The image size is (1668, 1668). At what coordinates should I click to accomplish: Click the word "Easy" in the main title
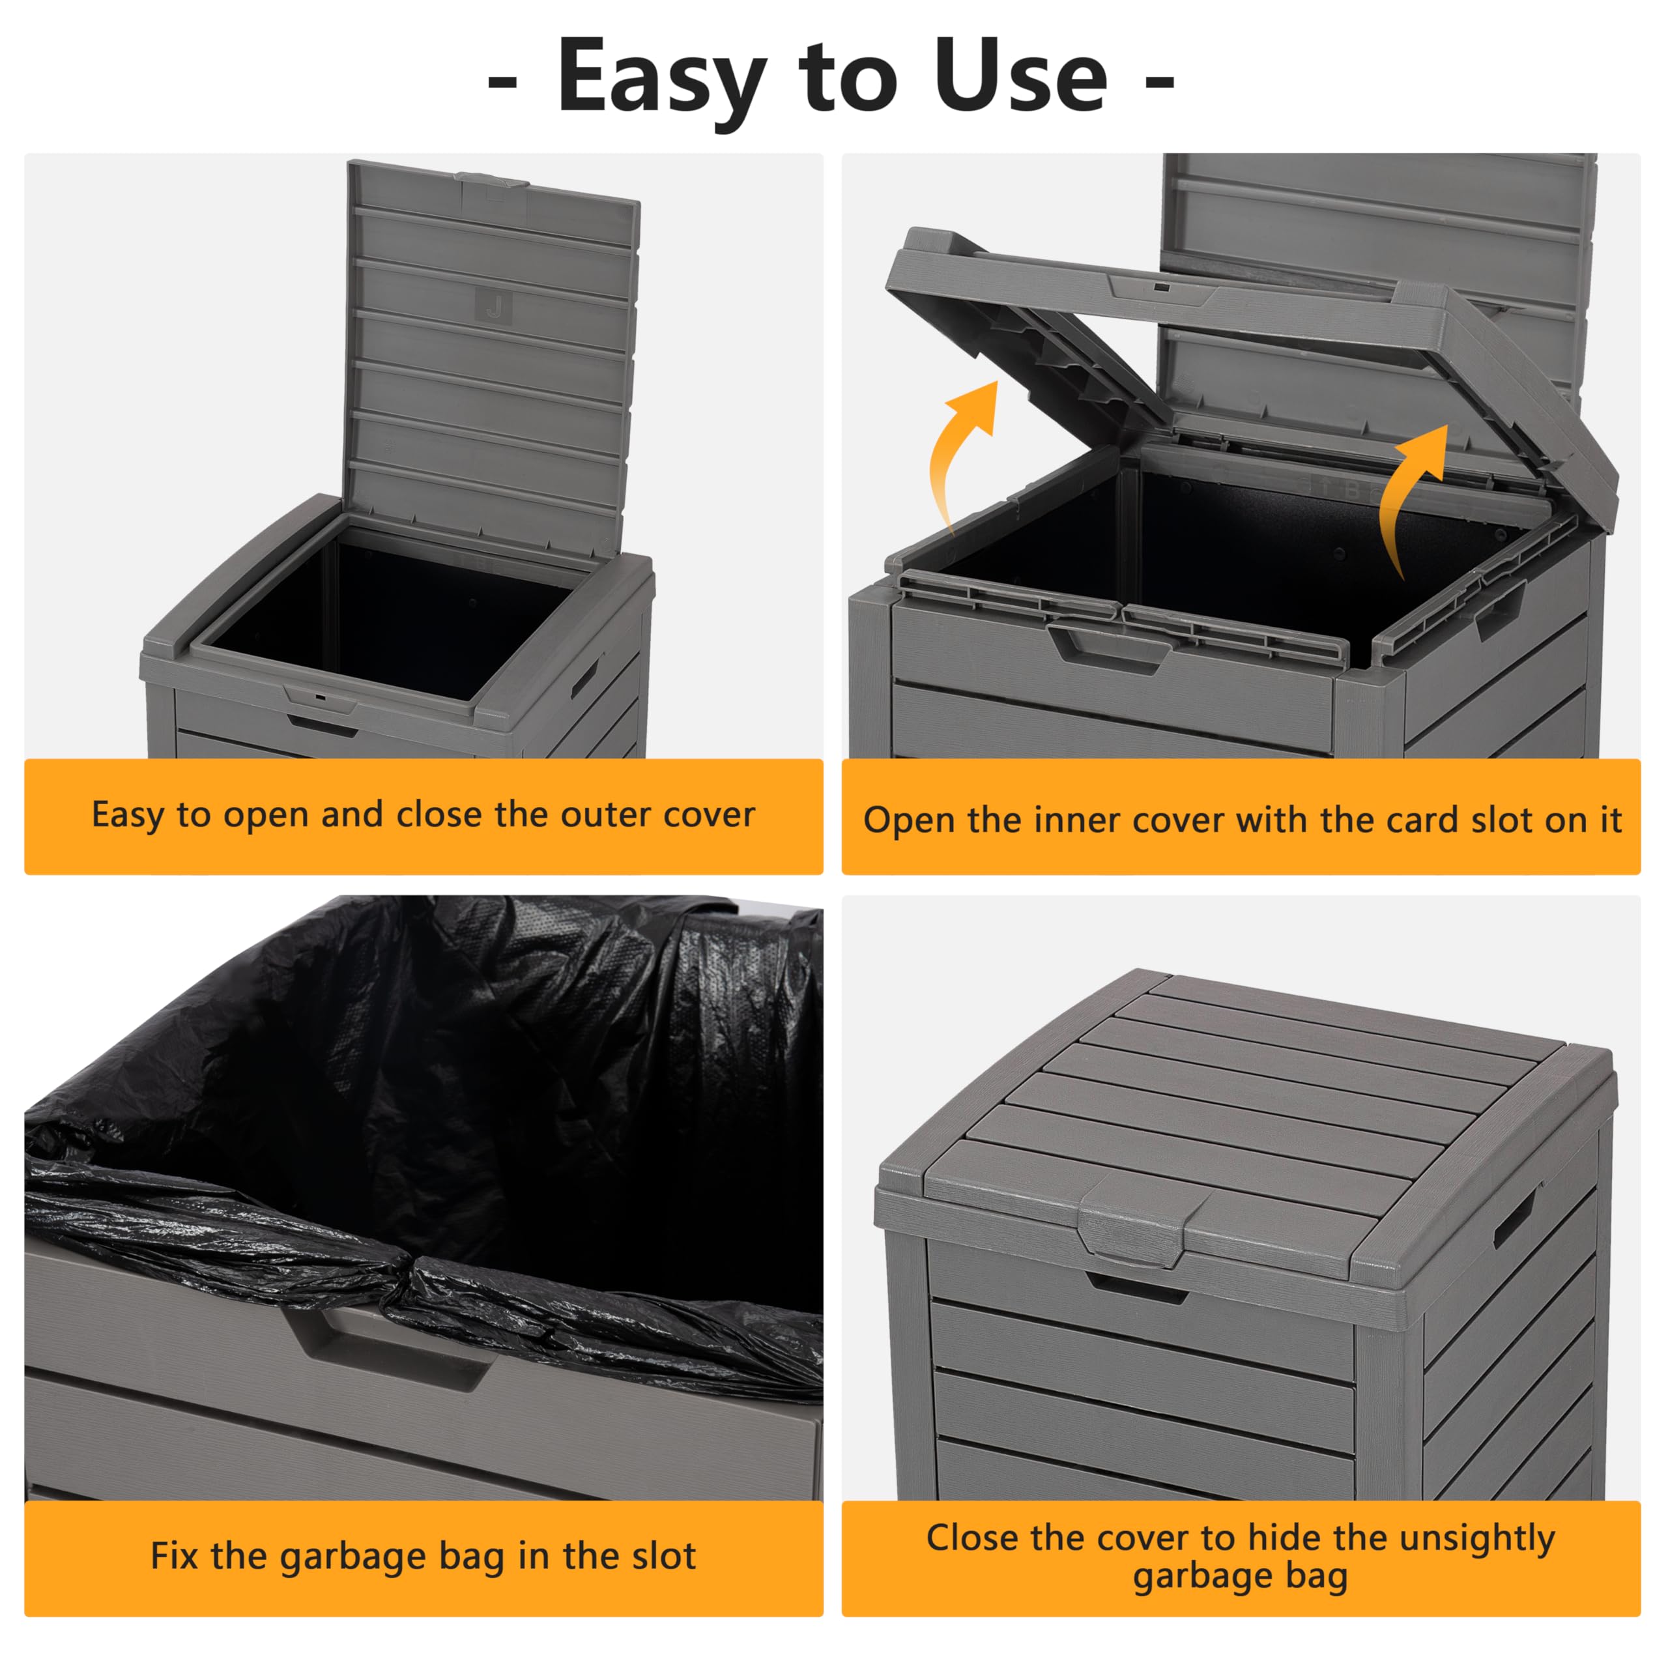point(661,79)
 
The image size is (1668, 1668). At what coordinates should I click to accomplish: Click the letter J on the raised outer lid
point(494,306)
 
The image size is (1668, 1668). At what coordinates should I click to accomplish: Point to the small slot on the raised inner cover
point(1161,287)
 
